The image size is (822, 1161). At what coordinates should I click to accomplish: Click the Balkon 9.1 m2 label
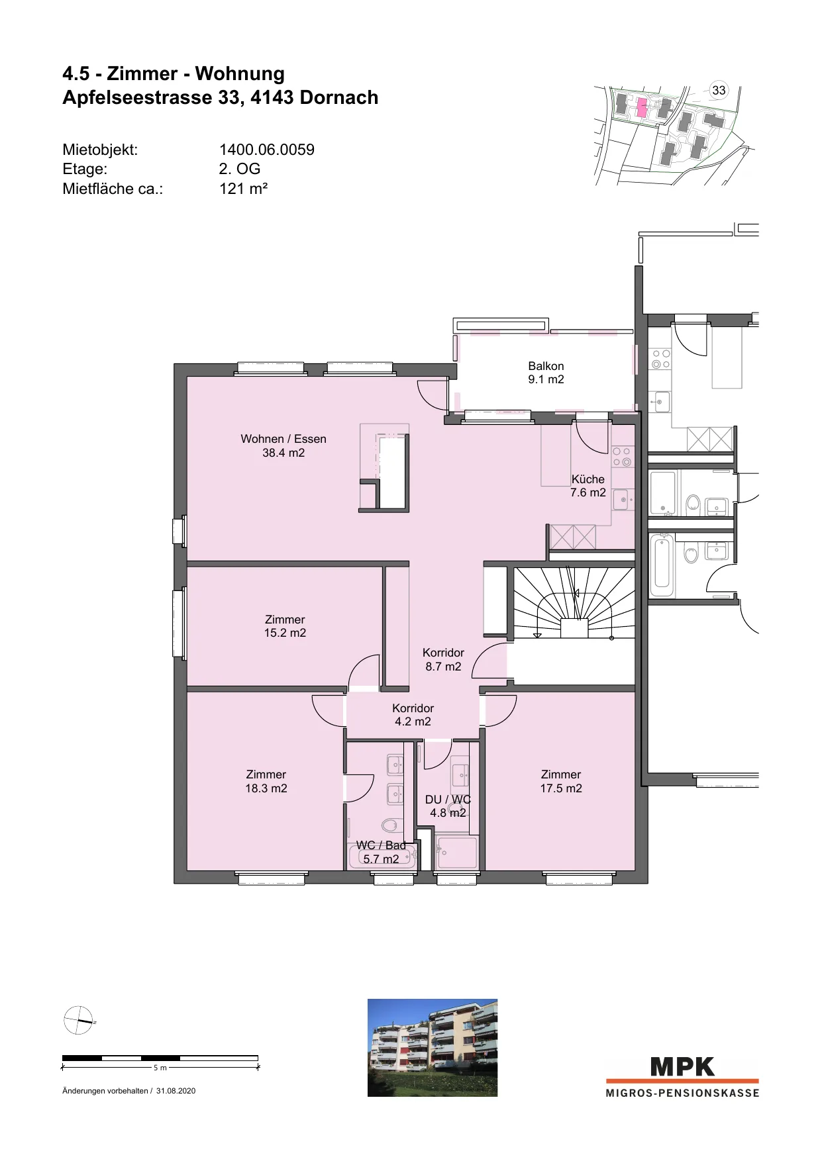[546, 373]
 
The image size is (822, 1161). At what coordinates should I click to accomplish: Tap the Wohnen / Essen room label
[283, 445]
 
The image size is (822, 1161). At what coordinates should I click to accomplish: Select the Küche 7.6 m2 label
[588, 486]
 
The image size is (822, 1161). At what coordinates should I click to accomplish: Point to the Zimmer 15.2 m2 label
[285, 626]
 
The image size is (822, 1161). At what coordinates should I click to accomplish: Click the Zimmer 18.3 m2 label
[266, 781]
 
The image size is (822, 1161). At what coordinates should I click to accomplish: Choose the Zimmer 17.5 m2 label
[561, 781]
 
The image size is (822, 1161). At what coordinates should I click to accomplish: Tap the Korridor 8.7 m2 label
[443, 660]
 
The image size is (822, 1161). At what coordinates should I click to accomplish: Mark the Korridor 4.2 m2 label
[413, 715]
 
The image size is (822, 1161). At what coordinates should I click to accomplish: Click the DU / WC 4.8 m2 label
[448, 806]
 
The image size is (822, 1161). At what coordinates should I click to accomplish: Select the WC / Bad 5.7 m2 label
[381, 853]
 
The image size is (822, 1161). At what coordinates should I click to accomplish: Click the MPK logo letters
[683, 1066]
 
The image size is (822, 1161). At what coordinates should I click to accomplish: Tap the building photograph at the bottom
[433, 1047]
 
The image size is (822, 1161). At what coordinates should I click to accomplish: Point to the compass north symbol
[78, 1020]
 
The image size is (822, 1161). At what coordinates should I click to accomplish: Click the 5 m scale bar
[160, 1058]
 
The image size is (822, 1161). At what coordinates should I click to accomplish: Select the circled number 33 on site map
[719, 91]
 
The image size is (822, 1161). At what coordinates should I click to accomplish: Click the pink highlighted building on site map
[641, 108]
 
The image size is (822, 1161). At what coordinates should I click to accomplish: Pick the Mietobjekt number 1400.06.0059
[267, 150]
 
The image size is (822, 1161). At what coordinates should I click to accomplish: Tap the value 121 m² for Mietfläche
[243, 189]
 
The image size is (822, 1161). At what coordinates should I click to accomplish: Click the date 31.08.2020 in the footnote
[176, 1091]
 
